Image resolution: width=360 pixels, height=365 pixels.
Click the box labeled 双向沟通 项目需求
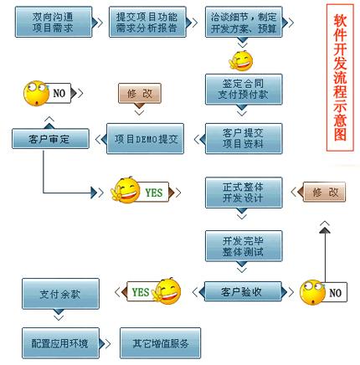tap(53, 22)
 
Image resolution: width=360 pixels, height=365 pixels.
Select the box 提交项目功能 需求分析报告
tap(147, 22)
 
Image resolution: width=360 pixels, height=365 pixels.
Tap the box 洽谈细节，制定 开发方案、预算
tap(244, 22)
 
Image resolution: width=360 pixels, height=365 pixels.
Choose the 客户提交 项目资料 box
tap(244, 138)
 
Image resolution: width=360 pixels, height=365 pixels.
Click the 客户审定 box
tap(49, 139)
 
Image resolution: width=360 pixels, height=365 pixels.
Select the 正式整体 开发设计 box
tap(244, 193)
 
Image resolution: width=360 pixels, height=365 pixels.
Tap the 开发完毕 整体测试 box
tap(244, 246)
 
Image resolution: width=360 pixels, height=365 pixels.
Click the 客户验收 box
tap(242, 292)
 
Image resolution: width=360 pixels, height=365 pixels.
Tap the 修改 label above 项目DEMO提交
tap(140, 94)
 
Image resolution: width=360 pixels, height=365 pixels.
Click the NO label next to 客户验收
tap(336, 292)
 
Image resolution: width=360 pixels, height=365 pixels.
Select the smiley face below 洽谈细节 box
tap(241, 60)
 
